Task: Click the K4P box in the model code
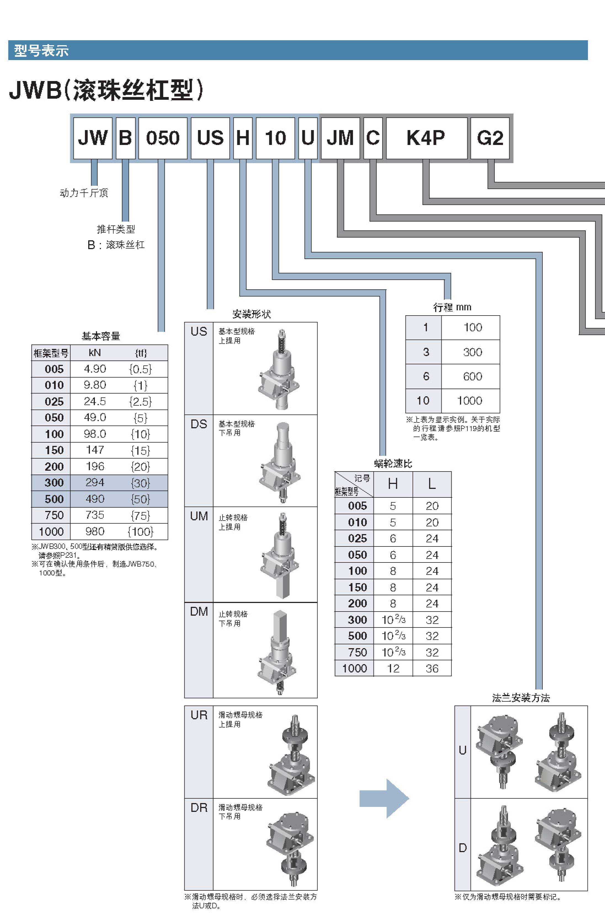point(426,138)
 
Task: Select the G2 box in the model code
point(490,138)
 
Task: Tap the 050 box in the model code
point(163,138)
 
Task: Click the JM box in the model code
point(340,138)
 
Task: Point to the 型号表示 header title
point(41,51)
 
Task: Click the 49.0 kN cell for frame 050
point(95,418)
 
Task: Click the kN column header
point(95,352)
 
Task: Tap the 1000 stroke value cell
point(470,400)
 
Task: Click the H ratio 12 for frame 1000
point(393,668)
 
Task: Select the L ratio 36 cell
point(432,668)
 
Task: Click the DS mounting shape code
point(199,424)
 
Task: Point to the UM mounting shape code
point(199,516)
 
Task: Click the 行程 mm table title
point(452,307)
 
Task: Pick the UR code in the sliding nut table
point(199,715)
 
